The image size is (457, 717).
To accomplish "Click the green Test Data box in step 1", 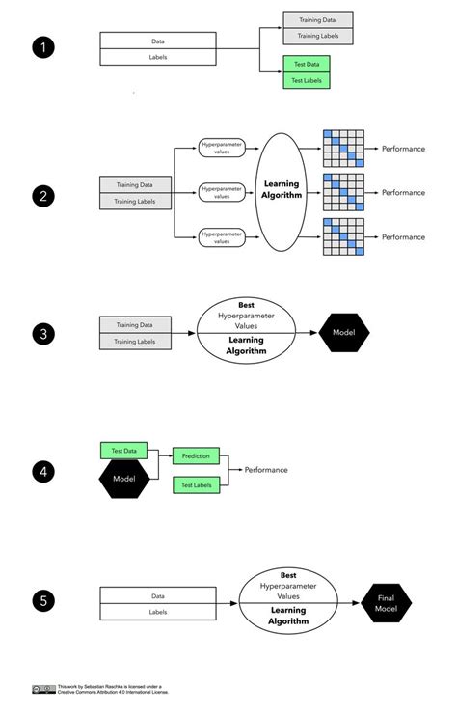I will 307,64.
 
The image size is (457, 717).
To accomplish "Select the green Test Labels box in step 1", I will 307,80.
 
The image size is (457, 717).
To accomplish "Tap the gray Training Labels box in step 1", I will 317,36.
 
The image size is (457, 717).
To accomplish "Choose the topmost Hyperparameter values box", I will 222,147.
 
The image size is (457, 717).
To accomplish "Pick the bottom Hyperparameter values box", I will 222,235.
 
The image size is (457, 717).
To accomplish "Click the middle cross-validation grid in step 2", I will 344,192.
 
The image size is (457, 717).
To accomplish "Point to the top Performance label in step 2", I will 403,148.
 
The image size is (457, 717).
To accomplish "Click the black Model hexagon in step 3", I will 343,333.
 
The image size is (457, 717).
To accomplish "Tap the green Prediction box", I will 197,455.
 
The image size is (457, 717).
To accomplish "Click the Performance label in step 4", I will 265,470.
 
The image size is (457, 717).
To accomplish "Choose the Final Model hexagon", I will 386,603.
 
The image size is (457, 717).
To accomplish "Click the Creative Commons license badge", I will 43,689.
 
